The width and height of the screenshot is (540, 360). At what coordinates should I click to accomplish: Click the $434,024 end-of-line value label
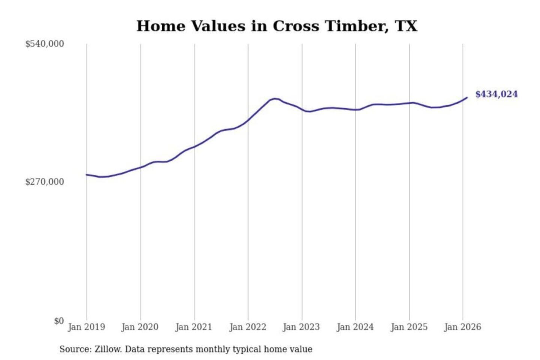pos(496,94)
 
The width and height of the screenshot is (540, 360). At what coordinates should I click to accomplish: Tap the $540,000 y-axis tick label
pos(45,44)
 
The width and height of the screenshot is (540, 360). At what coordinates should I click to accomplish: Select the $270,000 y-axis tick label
pos(45,182)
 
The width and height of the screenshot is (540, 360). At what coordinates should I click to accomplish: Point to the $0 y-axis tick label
pos(59,321)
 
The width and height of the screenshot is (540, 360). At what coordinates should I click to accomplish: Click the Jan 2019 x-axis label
pos(86,327)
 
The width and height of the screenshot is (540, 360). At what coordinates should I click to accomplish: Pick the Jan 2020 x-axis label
pos(140,327)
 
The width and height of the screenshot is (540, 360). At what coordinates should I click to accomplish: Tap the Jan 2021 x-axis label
pos(193,327)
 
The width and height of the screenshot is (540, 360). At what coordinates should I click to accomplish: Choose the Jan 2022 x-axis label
pos(247,327)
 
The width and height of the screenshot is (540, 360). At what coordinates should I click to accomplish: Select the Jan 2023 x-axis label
pos(301,327)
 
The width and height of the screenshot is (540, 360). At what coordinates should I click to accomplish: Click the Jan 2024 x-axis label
pos(355,327)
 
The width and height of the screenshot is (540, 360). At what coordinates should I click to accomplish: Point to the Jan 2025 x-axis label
pos(409,327)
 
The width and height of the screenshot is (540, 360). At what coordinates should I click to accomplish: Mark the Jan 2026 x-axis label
pos(462,327)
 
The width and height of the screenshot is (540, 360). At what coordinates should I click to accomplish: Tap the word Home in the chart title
pos(161,26)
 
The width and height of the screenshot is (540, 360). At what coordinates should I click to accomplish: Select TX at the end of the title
pos(406,26)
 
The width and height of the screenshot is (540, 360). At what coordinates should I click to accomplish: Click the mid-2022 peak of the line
pos(276,99)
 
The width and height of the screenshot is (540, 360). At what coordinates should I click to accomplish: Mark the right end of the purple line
pos(467,97)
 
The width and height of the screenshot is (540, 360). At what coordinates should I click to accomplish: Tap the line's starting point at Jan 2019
pos(87,175)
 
